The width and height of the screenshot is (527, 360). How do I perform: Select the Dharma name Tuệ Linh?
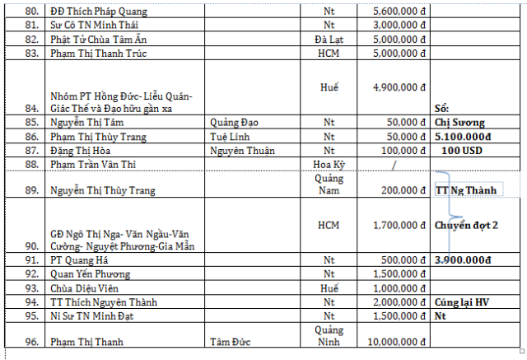231,137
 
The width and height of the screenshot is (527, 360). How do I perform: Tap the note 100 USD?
460,151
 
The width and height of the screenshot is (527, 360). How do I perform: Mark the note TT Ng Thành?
465,190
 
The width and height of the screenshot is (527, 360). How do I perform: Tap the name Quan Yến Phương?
90,274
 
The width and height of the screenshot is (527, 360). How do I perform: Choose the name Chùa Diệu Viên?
85,288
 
